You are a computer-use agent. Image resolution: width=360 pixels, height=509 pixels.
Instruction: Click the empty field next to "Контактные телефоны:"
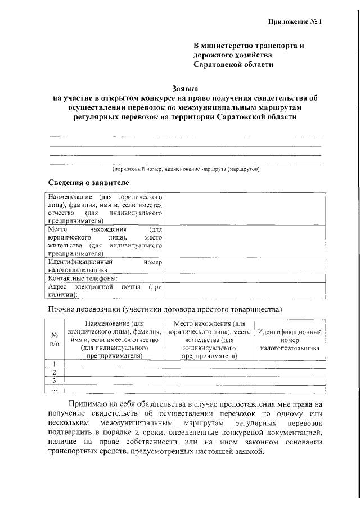tap(245, 278)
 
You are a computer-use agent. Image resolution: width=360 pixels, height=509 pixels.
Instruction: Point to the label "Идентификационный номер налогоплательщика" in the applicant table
tap(105, 266)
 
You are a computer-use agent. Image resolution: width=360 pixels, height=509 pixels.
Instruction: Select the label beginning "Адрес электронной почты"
tap(105, 291)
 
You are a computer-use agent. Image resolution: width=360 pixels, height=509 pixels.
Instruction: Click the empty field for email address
tap(245, 291)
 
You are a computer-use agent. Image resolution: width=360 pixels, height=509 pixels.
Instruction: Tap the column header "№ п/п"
tap(55, 340)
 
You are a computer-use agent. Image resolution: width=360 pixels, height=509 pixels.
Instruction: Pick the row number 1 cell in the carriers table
tap(55, 364)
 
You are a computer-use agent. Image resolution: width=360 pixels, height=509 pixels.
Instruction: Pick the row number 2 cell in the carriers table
tap(55, 372)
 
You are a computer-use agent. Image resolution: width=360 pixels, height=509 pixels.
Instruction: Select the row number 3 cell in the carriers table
tap(55, 381)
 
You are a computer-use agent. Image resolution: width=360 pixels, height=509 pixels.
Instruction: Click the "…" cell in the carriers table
tap(55, 389)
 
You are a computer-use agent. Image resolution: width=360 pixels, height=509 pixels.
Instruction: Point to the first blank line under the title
tap(185, 136)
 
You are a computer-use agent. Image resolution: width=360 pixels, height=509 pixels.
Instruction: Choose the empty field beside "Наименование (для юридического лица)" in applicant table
tap(245, 209)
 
